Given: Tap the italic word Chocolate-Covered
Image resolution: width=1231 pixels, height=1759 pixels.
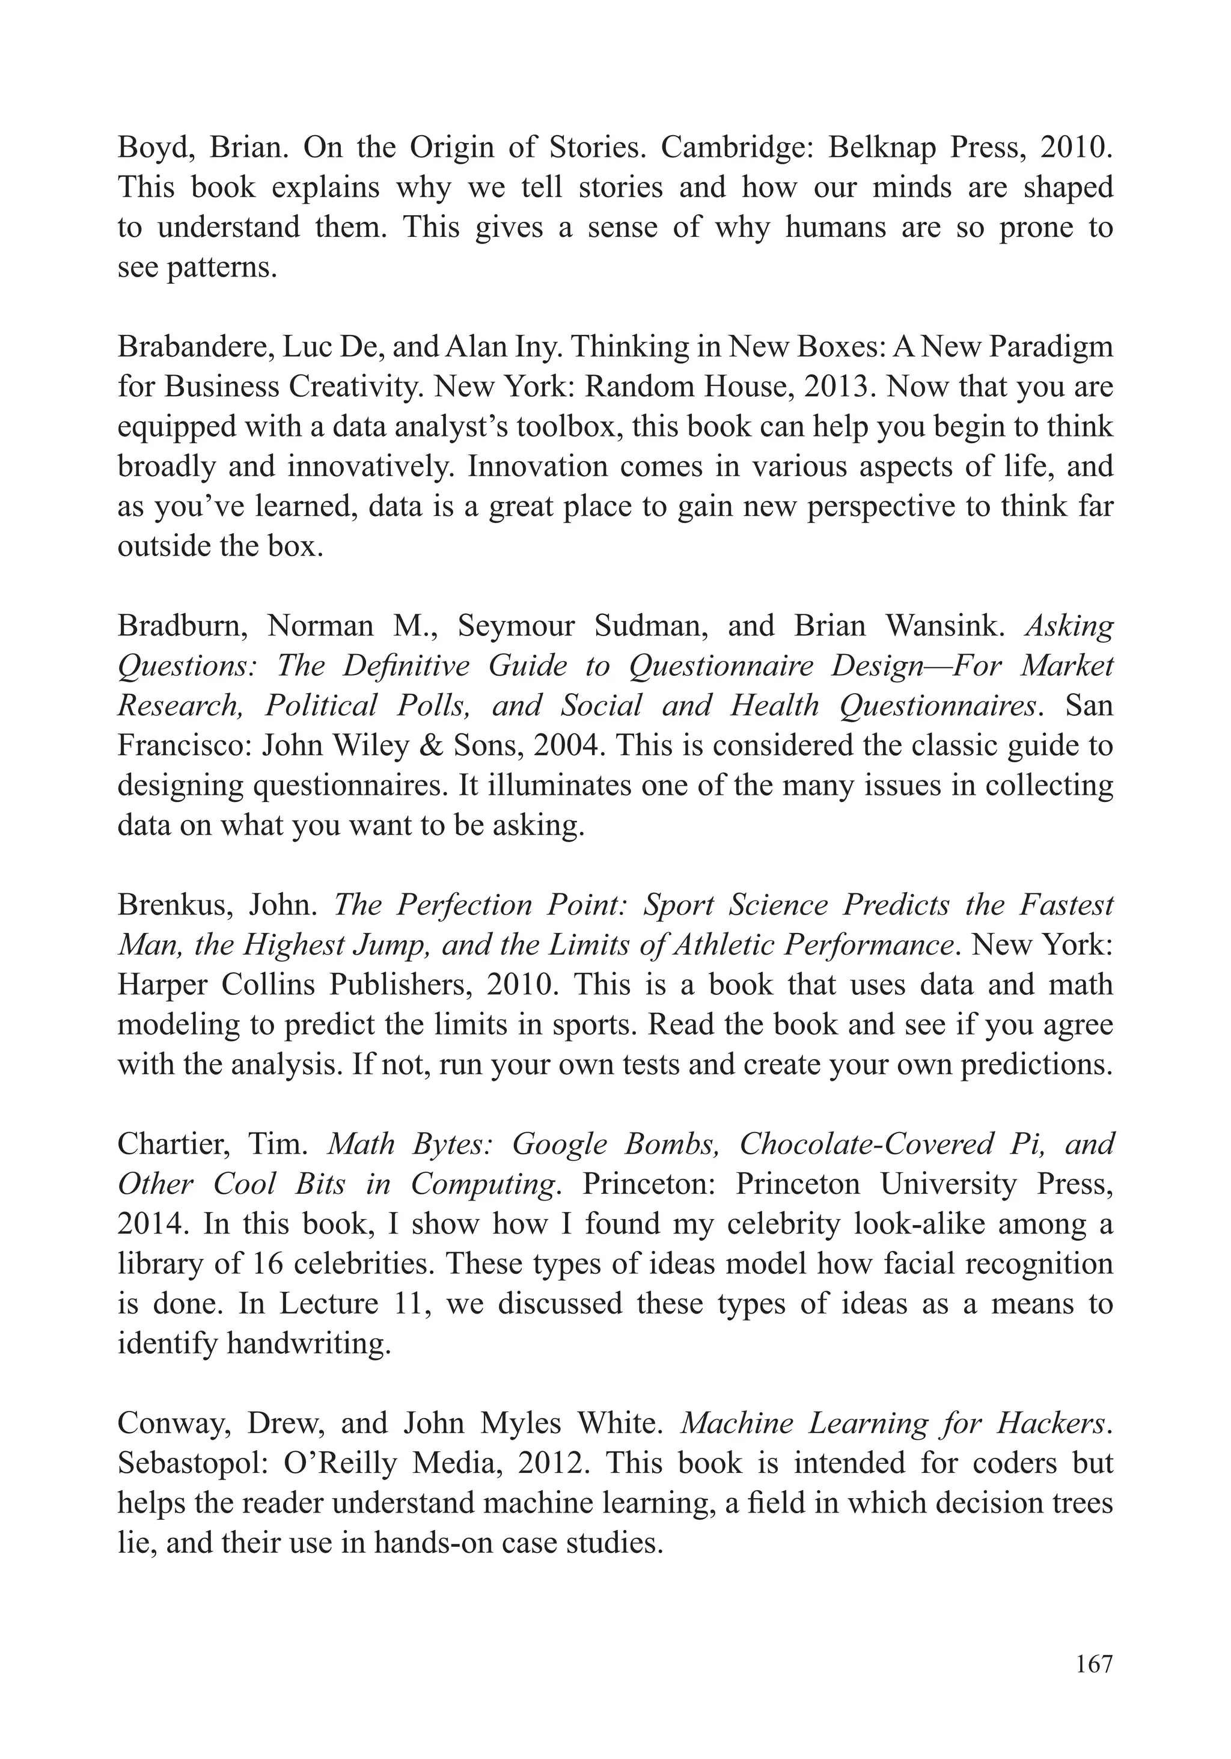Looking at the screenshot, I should tap(866, 1144).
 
